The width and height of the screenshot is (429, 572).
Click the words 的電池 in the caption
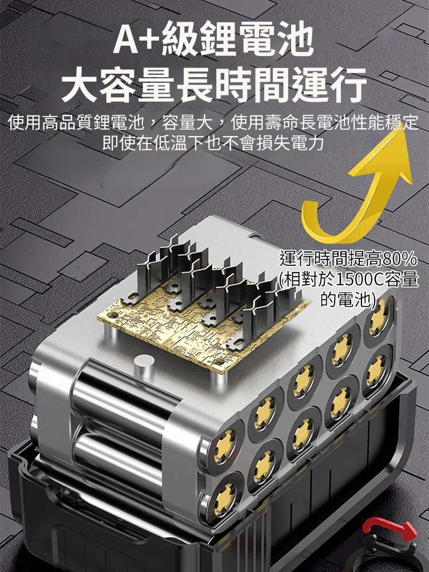[346, 300]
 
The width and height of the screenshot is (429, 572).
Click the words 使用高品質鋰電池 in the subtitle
[76, 122]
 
